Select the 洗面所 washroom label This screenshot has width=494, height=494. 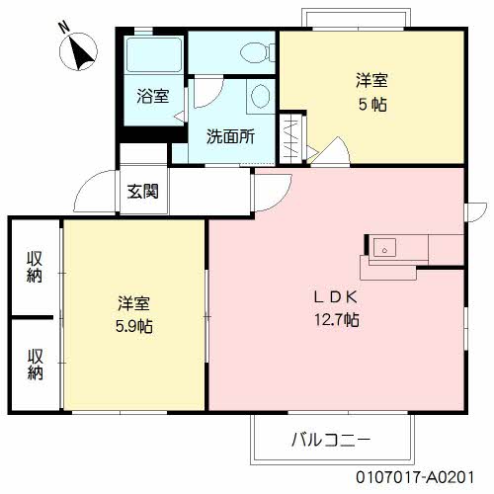pyautogui.click(x=229, y=137)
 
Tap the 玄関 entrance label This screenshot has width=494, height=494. pyautogui.click(x=142, y=192)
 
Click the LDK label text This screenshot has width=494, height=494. pyautogui.click(x=335, y=296)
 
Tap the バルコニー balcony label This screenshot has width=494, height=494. pyautogui.click(x=330, y=438)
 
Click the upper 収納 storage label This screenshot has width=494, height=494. pyautogui.click(x=36, y=267)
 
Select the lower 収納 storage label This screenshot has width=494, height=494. pyautogui.click(x=36, y=364)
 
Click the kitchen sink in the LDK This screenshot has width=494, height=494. pyautogui.click(x=384, y=247)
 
